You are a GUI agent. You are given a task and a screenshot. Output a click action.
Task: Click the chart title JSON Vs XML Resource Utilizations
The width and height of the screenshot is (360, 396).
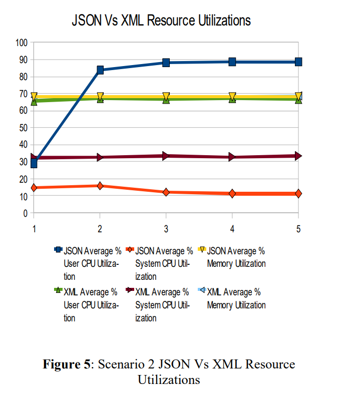(161, 21)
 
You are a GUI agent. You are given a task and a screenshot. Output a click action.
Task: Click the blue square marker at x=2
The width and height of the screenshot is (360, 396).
(100, 70)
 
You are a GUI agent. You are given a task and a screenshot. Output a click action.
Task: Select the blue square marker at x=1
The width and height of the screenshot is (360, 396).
(34, 163)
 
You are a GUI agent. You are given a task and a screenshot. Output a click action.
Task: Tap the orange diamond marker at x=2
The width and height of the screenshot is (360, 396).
(100, 186)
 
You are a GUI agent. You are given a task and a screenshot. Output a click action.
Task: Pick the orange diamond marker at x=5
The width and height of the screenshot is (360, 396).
(298, 193)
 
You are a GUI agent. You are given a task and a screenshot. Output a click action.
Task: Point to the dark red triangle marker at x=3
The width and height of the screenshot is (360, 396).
(166, 156)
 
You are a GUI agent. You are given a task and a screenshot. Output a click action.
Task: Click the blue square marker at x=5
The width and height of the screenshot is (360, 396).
(298, 62)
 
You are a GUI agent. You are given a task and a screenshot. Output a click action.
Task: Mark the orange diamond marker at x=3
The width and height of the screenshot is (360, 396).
(166, 192)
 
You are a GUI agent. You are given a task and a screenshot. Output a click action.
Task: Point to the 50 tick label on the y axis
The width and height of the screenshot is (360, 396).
(23, 128)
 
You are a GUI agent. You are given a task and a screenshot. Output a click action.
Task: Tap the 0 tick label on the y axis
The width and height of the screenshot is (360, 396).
(25, 213)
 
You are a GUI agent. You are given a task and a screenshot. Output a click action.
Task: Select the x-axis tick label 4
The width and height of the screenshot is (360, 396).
(232, 228)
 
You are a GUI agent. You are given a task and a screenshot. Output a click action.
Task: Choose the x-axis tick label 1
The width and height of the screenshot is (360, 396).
(34, 228)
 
